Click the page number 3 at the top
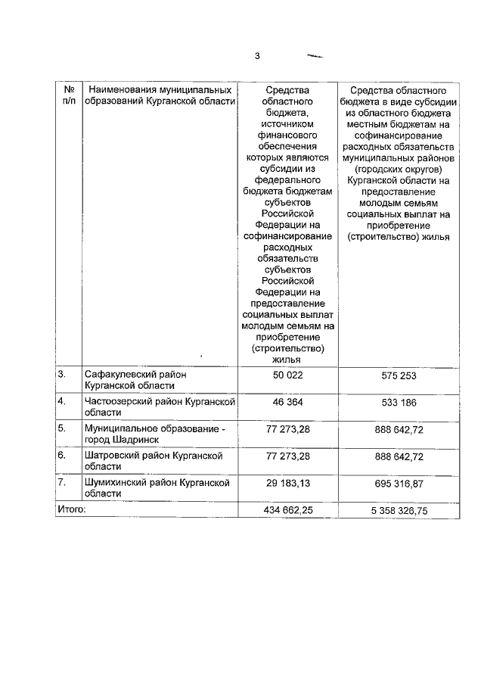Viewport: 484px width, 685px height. click(x=257, y=55)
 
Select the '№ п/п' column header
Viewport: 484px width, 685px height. click(x=69, y=95)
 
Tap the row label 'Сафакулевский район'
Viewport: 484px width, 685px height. click(x=135, y=379)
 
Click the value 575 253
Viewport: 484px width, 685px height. click(x=398, y=374)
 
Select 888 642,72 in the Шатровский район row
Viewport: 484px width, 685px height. click(x=398, y=456)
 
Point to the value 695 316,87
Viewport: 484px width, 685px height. click(x=398, y=484)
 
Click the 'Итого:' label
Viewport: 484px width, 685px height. click(x=72, y=509)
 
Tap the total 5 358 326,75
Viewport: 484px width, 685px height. click(x=398, y=510)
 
